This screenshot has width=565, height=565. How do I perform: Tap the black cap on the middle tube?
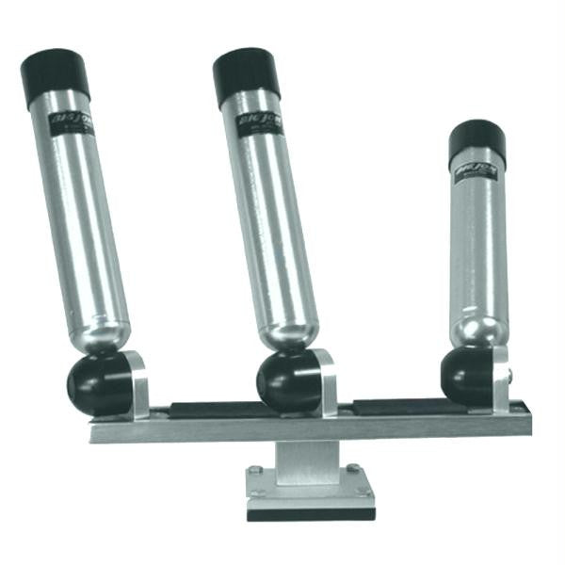pos(247,75)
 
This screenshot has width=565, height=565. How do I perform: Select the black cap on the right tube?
pos(476,143)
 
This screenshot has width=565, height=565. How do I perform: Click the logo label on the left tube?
pos(71,123)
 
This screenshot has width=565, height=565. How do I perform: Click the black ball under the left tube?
pos(98,384)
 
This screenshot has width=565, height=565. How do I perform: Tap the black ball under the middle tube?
pos(288,381)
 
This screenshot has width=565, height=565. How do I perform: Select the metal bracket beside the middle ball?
pos(325,381)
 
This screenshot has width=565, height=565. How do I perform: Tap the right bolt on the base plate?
pos(352,469)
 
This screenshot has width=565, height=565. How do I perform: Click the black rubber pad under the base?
pos(311,513)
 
